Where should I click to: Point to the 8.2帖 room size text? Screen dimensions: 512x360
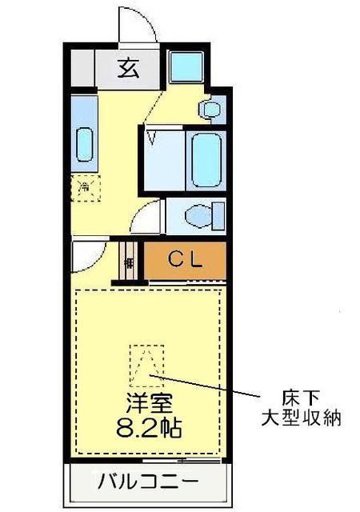point(148,427)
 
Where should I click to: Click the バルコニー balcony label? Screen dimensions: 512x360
point(148,482)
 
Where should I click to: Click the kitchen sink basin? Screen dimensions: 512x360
point(84,143)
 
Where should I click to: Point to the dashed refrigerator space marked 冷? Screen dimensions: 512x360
point(86,189)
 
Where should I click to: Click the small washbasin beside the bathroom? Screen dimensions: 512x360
point(211,109)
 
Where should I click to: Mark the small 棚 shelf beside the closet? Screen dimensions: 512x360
point(130,262)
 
